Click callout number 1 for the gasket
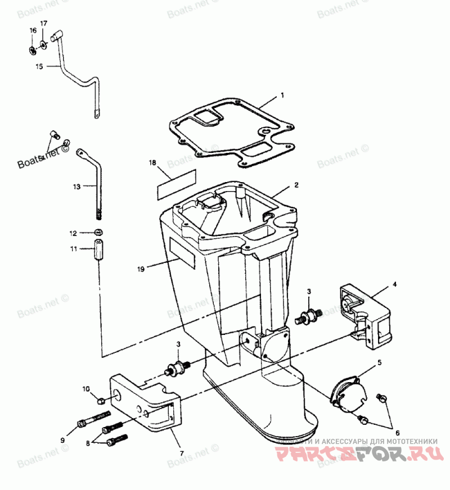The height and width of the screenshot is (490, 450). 282,96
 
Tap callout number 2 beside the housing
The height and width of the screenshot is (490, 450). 296,184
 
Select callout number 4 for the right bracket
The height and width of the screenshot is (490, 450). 394,284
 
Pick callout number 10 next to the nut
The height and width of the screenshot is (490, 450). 86,388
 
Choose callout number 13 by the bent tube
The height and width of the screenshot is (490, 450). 77,185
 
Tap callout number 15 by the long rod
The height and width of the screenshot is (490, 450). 39,66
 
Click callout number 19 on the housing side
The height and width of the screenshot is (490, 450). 141,269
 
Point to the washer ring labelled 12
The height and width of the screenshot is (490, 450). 99,233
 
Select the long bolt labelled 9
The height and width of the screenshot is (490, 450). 93,418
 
